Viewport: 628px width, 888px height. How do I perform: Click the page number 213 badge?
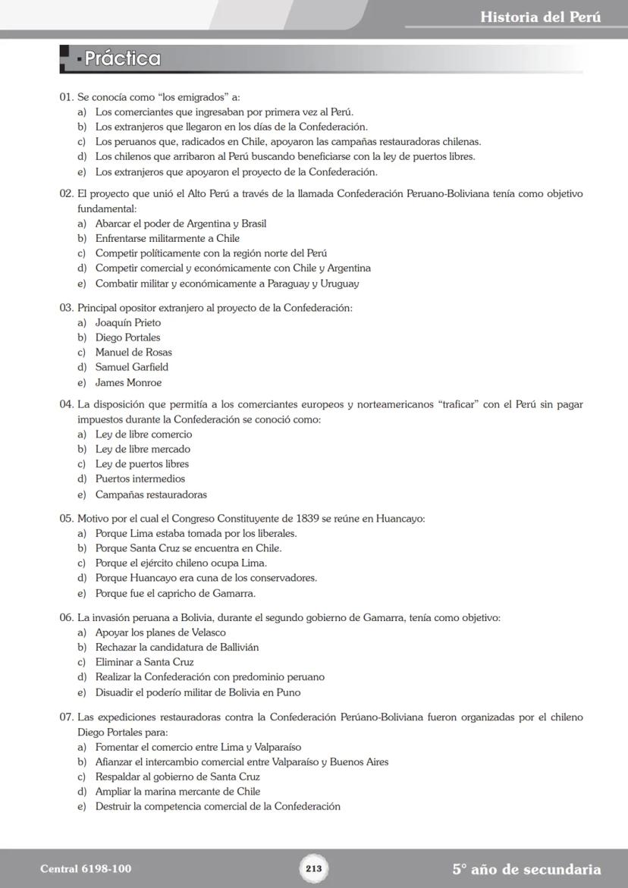(314, 868)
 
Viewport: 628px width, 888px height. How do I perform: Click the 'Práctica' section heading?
(122, 58)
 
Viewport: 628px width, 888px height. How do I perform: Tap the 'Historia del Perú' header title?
(540, 17)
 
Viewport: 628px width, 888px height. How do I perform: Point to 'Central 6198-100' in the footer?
(80, 869)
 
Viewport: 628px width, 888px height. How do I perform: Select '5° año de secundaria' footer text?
(526, 869)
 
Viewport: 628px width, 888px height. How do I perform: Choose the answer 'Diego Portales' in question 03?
(127, 337)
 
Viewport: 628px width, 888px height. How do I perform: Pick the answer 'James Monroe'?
(128, 383)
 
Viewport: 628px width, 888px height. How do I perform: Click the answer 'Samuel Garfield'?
(131, 368)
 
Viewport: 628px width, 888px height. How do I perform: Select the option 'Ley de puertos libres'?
(142, 464)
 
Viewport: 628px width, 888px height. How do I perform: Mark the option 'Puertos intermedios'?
(140, 479)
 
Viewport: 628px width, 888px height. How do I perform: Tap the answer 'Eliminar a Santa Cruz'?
(144, 662)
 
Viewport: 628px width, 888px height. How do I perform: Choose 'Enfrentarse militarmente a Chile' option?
(167, 239)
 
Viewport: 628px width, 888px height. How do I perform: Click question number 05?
(67, 519)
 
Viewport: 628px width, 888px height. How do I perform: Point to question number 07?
(67, 717)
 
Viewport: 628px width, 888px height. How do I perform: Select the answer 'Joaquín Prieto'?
(127, 322)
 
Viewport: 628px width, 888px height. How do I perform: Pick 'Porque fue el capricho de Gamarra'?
(175, 594)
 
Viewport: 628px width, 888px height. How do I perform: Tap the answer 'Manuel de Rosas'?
(133, 353)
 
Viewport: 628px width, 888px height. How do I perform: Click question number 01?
(67, 97)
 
